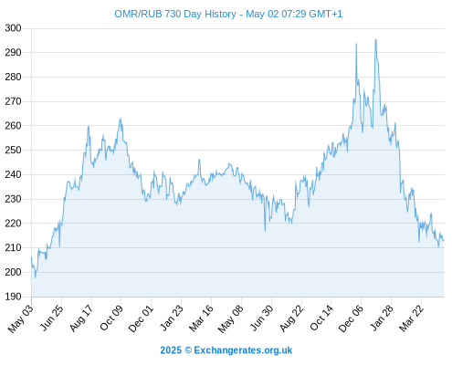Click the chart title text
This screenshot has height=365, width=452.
tap(228, 14)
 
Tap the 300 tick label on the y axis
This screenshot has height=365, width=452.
tap(13, 28)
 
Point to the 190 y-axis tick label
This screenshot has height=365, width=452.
tap(13, 297)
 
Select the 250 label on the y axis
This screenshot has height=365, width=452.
tap(13, 150)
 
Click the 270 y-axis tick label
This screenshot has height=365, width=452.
tap(13, 101)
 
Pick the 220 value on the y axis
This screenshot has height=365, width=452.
tap(13, 224)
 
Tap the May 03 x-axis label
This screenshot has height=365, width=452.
tap(21, 318)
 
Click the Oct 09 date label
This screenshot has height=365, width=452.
tap(111, 318)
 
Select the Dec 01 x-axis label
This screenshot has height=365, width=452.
tap(141, 318)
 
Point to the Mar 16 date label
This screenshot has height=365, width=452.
tap(201, 318)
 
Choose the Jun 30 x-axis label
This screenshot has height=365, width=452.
tap(261, 318)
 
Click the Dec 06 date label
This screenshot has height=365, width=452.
tap(351, 318)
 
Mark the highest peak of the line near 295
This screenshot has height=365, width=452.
tap(375, 39)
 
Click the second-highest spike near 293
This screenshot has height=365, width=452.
tap(356, 44)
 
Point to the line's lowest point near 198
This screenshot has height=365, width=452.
tap(36, 277)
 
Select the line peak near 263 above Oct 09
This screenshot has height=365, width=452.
tap(121, 119)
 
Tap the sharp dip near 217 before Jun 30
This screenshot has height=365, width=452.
tap(265, 231)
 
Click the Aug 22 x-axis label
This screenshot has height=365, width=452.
tap(291, 318)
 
